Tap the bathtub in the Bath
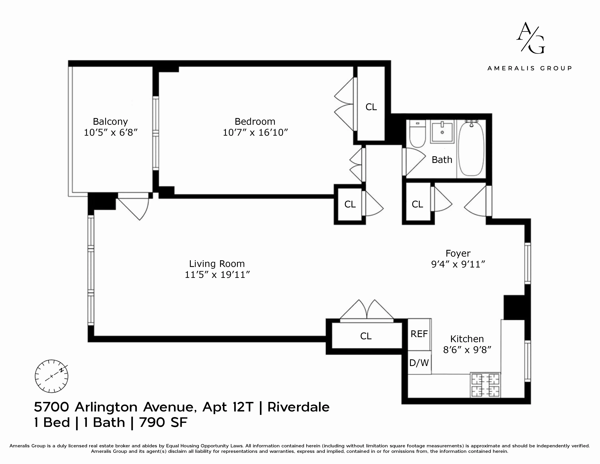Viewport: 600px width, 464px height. (x=471, y=148)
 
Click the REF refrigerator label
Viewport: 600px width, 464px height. (x=419, y=334)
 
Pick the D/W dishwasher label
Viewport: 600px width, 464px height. (x=419, y=363)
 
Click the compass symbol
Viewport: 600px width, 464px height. (x=51, y=376)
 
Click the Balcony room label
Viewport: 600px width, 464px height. (x=110, y=121)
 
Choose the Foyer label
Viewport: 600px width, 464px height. (x=458, y=253)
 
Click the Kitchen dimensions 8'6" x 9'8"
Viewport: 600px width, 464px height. (x=467, y=350)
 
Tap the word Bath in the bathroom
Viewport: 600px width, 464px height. (x=442, y=160)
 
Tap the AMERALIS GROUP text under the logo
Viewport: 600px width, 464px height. (x=529, y=68)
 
